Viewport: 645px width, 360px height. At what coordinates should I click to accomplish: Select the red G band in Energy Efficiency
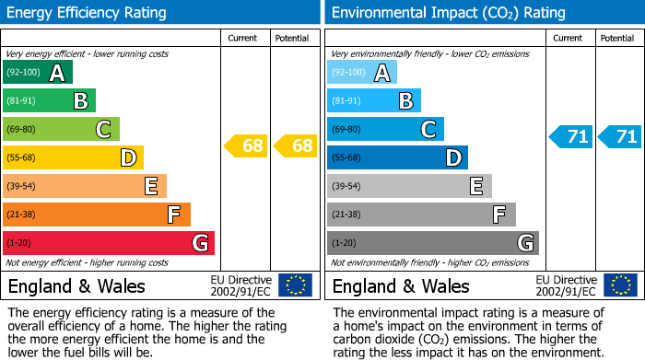109,243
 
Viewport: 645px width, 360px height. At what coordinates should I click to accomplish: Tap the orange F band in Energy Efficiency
97,215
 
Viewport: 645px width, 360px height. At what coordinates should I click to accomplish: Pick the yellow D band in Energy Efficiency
73,157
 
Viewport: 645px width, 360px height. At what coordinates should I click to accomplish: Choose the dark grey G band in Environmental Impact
433,243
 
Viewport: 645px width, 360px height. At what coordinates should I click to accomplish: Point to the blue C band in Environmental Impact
386,130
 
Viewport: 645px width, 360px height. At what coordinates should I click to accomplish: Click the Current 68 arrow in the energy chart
247,145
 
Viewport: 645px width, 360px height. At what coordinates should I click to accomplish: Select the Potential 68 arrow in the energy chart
296,145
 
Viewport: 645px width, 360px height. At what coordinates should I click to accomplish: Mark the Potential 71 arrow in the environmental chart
620,137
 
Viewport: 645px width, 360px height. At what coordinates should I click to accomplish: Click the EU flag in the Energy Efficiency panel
295,285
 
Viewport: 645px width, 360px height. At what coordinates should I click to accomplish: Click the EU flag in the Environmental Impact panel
619,285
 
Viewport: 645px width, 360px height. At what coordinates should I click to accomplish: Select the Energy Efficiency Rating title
88,13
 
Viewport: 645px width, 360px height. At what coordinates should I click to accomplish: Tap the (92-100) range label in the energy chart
23,73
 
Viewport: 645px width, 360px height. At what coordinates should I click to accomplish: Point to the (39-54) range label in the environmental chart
347,186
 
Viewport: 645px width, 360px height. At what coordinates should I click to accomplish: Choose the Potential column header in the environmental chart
616,38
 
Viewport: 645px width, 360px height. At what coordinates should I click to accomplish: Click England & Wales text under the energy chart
76,285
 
